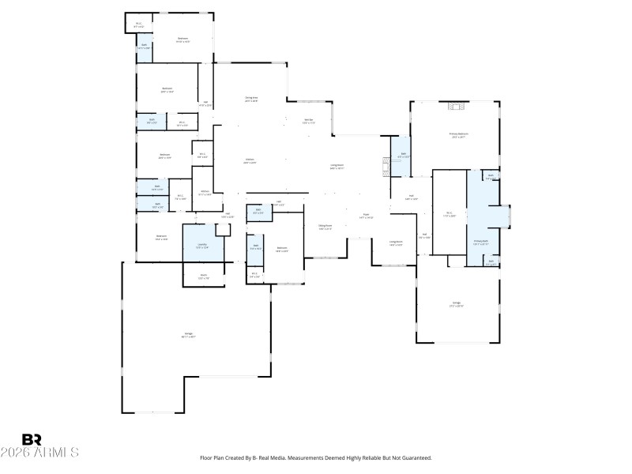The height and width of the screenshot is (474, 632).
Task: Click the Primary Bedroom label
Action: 459,135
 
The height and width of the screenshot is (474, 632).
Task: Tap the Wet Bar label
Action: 309,121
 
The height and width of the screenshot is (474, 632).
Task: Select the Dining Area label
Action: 251,100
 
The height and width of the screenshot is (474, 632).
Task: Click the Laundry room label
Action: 202,246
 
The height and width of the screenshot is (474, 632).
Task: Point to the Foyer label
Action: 366,215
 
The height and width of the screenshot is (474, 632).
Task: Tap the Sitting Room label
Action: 325,227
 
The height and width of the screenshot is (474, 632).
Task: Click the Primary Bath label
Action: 480,242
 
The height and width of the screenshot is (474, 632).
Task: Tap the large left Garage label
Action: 189,335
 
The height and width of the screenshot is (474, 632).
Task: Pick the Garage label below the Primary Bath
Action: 456,304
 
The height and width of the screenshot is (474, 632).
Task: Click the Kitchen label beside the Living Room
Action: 250,161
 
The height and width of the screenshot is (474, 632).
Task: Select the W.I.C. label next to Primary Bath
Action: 448,213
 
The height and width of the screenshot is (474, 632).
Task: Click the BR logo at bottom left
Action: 32,439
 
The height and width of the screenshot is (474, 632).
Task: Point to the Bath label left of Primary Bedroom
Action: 402,156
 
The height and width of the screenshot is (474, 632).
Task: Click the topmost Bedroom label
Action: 182,39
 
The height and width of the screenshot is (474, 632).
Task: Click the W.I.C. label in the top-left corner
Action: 139,24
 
